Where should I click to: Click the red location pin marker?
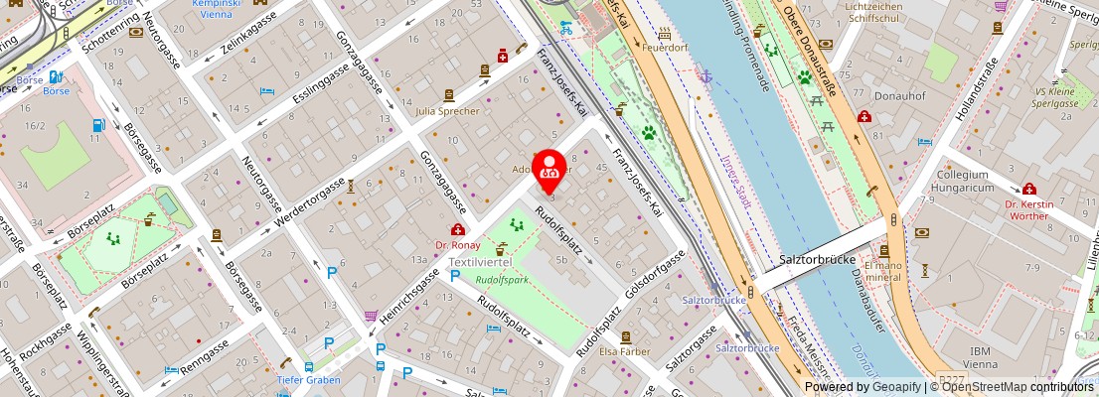point(549,170)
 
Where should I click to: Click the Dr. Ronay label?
point(457,244)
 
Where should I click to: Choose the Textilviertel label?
point(480,262)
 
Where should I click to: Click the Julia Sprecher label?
point(447,111)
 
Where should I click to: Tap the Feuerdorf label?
point(666,47)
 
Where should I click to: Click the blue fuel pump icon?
point(98,126)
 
